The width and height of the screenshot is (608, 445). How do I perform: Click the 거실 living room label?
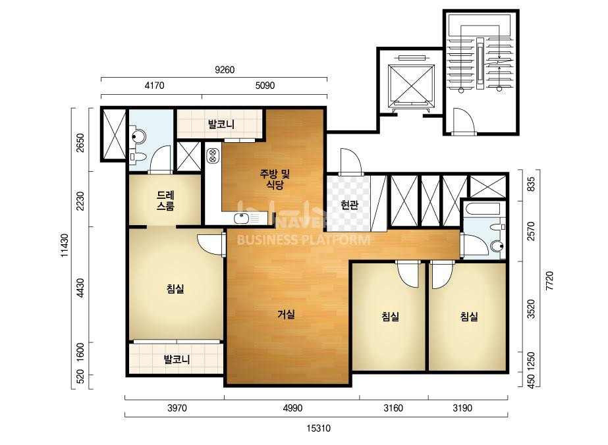(x=286, y=314)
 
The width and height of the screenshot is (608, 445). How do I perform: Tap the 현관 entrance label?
(x=349, y=205)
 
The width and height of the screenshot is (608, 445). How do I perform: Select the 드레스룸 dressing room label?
(x=165, y=200)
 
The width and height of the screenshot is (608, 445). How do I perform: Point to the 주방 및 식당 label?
(x=275, y=179)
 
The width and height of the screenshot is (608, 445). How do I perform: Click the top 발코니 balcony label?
(x=221, y=124)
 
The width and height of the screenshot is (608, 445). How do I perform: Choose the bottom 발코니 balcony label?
(x=177, y=359)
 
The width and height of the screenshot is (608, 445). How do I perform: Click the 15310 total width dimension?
(x=318, y=429)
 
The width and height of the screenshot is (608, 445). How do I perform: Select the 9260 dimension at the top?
(x=225, y=70)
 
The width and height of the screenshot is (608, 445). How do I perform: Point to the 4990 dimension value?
(x=292, y=408)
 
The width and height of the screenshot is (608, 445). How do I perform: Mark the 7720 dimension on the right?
(x=549, y=281)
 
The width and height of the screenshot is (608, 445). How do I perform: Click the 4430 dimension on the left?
(x=80, y=288)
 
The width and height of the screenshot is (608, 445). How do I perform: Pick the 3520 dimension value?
(x=531, y=309)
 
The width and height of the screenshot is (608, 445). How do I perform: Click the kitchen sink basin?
(x=241, y=219)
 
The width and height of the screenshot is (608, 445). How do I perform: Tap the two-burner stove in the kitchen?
(x=213, y=155)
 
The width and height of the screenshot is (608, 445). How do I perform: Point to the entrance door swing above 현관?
(x=351, y=161)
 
